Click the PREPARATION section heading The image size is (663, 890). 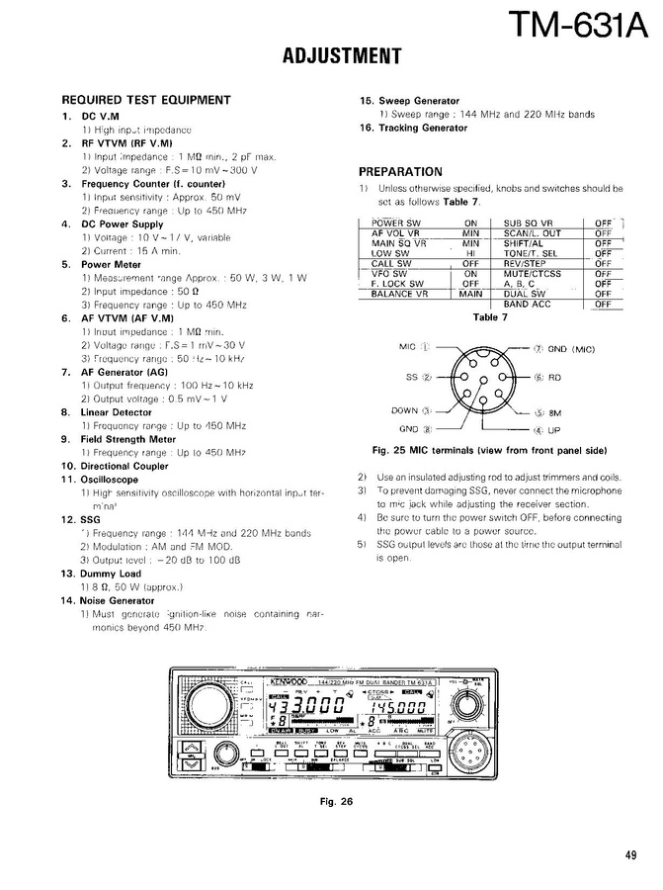pos(400,171)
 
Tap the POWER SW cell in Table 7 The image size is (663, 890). pos(395,223)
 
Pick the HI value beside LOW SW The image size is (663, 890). pos(470,253)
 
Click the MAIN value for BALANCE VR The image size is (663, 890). pos(470,294)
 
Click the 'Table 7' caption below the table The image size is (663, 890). pos(490,317)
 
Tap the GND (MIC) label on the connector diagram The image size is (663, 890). pos(572,349)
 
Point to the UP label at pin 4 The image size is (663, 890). pos(554,430)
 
